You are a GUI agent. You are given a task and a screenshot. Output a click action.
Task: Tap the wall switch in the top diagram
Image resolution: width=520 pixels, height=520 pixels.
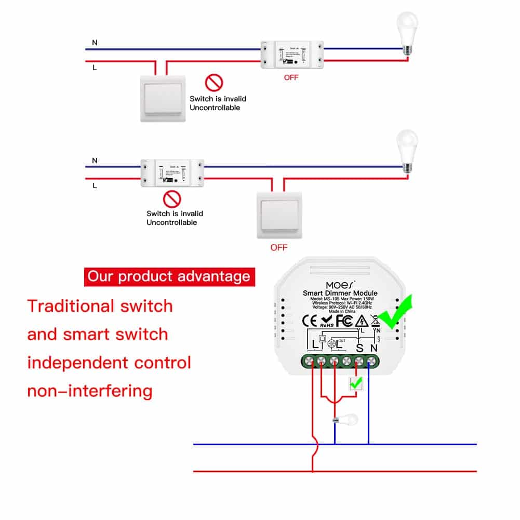click(x=162, y=98)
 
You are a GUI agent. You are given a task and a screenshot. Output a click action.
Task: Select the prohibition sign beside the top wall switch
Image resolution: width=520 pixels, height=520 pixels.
click(x=214, y=82)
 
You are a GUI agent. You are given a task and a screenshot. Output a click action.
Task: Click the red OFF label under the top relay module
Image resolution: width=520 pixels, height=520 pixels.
click(x=291, y=78)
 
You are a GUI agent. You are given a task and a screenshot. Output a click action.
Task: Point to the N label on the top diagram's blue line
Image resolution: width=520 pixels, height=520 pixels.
click(x=95, y=43)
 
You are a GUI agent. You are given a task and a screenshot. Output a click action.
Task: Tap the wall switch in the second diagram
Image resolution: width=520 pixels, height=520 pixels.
click(x=279, y=215)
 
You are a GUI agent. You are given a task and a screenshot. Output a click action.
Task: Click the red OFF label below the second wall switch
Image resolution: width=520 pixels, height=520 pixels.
click(x=279, y=247)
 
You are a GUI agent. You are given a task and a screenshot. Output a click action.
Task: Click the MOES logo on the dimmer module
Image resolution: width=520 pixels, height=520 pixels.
click(x=340, y=285)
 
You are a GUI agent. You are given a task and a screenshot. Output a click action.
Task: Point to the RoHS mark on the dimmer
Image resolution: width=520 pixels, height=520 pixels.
click(x=327, y=321)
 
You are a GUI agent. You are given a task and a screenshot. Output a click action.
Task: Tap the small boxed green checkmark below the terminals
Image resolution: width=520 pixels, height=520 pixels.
click(x=356, y=384)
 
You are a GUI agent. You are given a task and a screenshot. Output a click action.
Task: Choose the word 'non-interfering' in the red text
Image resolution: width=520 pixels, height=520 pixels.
click(x=90, y=391)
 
